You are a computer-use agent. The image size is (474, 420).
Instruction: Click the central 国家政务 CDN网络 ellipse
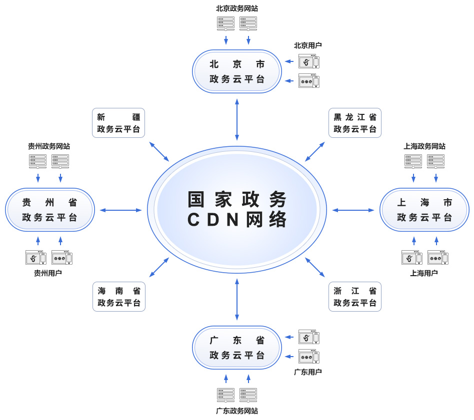coord(237,210)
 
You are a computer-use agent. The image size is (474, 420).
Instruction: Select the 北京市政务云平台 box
coord(237,71)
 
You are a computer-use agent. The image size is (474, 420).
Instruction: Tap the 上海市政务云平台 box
coord(424,210)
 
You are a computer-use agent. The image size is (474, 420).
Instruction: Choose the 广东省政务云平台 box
coord(237,348)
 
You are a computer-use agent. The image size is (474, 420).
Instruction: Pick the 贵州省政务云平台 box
coord(49,210)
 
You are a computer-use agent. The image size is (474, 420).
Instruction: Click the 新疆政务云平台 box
coord(118,123)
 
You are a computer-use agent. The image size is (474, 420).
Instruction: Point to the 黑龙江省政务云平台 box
coord(355,123)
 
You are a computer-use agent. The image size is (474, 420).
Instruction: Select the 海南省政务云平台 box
coord(118,297)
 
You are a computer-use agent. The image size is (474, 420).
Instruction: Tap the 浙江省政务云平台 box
coord(355,297)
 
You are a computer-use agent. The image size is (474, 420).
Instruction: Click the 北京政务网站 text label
coord(237,8)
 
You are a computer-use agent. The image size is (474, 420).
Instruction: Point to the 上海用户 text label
coord(424,273)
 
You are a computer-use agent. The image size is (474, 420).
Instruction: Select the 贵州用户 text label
coord(48,273)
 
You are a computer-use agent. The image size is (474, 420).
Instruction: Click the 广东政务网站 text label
coord(237,411)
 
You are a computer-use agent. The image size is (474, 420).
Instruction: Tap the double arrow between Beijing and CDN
coord(237,119)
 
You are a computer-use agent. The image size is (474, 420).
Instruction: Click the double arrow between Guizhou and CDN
coord(121,210)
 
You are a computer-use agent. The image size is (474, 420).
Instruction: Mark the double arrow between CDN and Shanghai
coord(353,210)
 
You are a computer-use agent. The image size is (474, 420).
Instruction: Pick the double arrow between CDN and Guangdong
coord(237,300)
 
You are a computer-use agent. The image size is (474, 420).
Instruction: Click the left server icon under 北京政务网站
coord(225,23)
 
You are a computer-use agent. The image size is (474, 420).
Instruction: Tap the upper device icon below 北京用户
coord(308,61)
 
